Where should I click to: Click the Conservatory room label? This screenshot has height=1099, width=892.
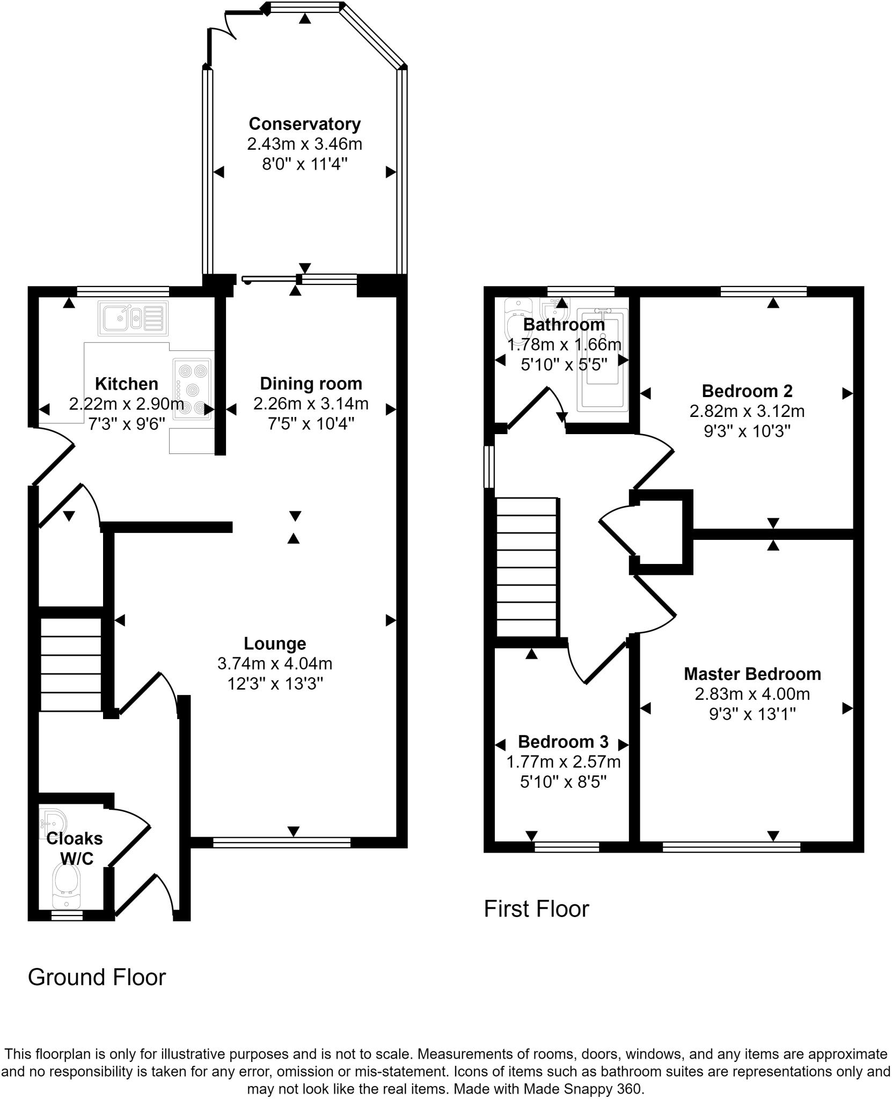click(304, 124)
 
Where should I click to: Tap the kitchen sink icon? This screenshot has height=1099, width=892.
click(133, 318)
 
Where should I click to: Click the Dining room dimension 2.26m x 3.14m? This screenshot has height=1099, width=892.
click(311, 403)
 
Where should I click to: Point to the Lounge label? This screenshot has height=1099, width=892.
click(275, 643)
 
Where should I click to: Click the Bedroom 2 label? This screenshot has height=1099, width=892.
click(747, 391)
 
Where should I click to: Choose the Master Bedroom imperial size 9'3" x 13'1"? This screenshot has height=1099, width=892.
click(752, 714)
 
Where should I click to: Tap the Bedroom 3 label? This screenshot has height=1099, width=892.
click(563, 741)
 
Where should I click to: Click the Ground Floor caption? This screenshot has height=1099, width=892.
click(97, 977)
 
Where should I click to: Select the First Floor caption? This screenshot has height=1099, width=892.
click(536, 909)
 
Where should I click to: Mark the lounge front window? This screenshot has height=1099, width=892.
click(281, 843)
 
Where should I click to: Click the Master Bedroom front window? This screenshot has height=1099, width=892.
click(731, 846)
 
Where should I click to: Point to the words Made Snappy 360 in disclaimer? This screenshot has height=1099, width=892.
click(582, 1089)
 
